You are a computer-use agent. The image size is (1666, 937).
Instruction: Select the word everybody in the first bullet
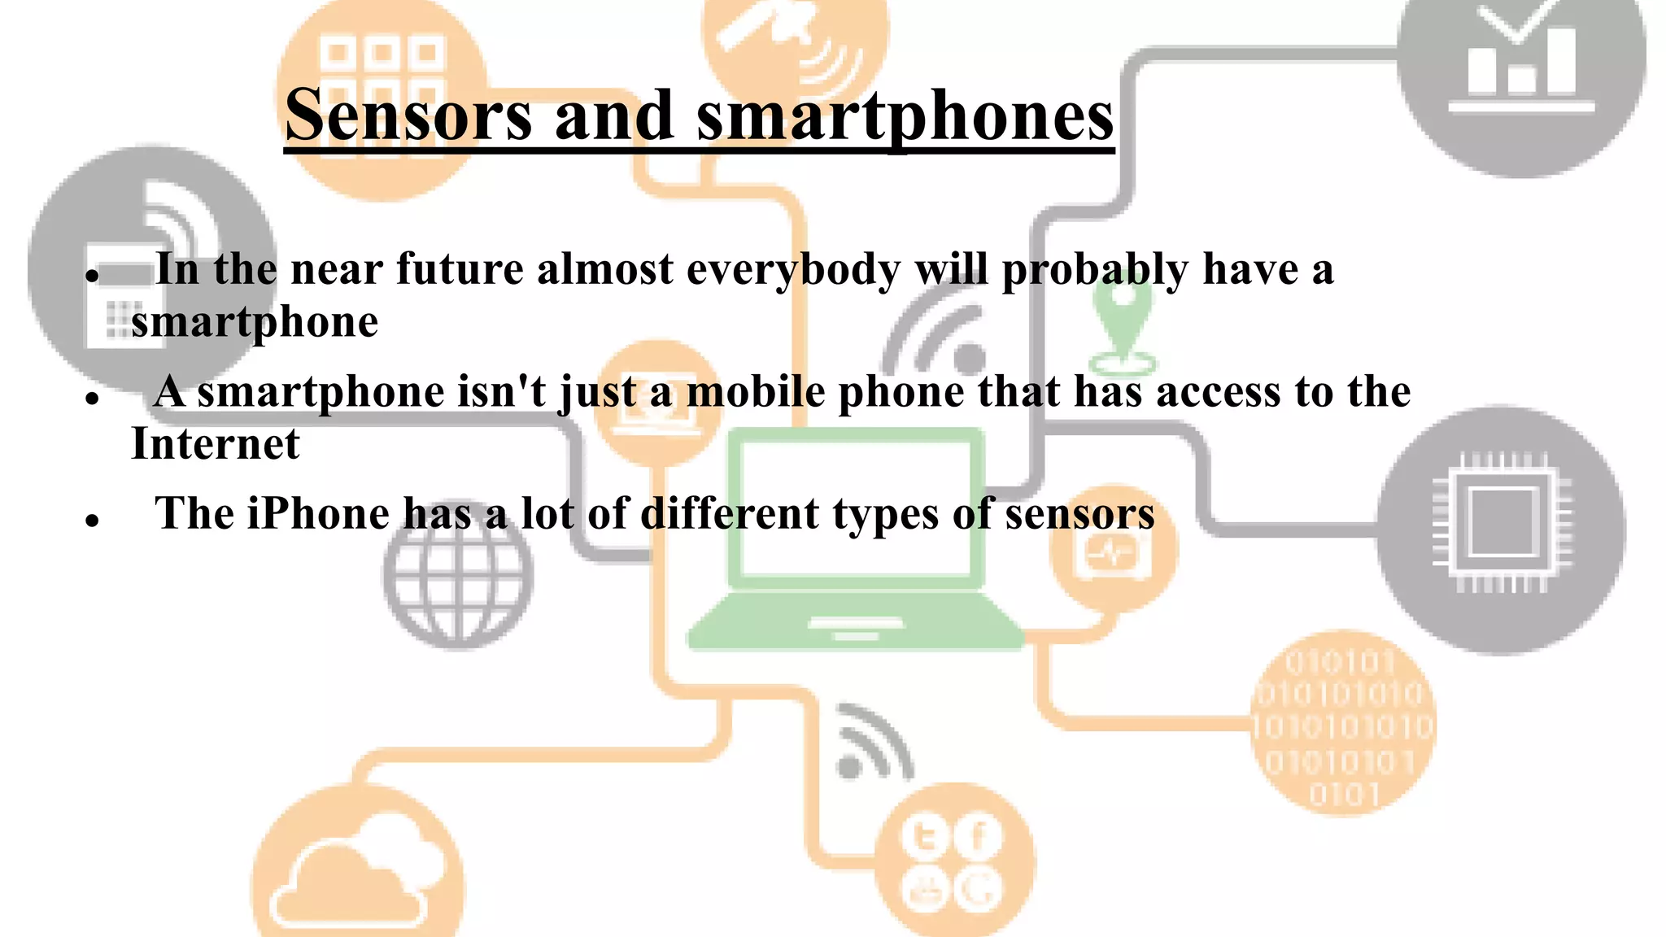pyautogui.click(x=793, y=269)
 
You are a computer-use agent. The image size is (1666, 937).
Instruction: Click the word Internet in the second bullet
pyautogui.click(x=216, y=444)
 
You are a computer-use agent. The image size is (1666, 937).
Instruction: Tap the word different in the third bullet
pyautogui.click(x=730, y=514)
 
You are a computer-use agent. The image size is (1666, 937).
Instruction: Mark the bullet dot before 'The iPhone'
pyautogui.click(x=92, y=520)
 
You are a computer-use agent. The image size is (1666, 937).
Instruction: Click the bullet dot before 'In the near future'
pyautogui.click(x=92, y=276)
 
